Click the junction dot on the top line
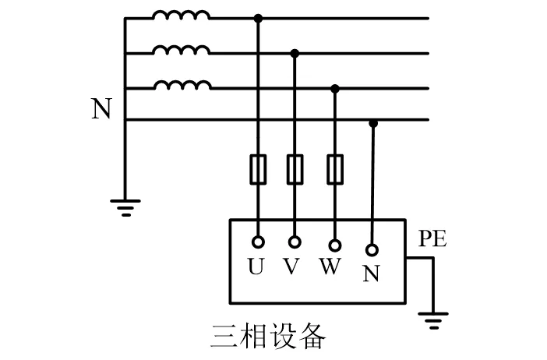(x=259, y=17)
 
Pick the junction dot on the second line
(x=295, y=53)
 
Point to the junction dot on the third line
(x=335, y=89)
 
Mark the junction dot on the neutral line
(x=373, y=123)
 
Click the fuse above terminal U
(x=258, y=169)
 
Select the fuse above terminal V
(x=295, y=169)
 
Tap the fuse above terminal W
(x=335, y=169)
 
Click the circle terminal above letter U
(x=258, y=242)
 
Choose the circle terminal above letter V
(x=295, y=242)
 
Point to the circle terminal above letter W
(x=335, y=245)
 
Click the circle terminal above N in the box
(x=372, y=250)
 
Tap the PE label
(x=432, y=239)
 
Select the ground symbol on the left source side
(x=125, y=206)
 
